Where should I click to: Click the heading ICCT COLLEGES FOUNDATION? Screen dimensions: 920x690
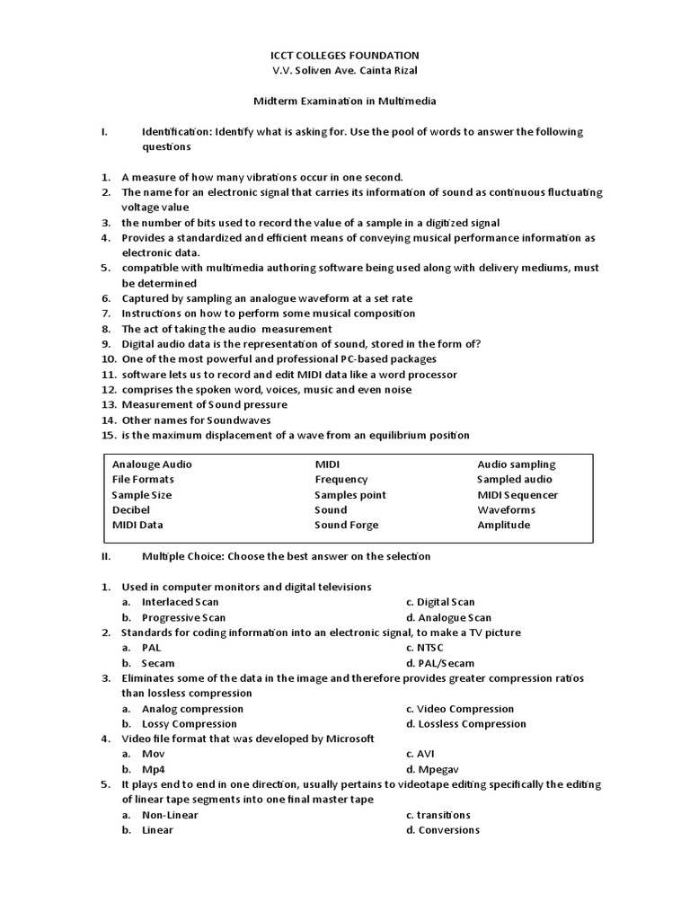coord(345,56)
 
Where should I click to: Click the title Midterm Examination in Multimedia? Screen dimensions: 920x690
coord(345,102)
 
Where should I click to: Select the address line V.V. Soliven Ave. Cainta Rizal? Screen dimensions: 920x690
coord(345,71)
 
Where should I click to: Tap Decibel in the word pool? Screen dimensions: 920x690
coord(130,509)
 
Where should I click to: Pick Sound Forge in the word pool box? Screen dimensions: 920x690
coord(346,525)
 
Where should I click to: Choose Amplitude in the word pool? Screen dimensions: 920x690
coord(503,525)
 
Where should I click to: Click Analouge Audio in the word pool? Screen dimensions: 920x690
coord(152,464)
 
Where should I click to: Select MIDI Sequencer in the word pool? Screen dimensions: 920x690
coord(517,495)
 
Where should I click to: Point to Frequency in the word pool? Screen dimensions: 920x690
coord(341,480)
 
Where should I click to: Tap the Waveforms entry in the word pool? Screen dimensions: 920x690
coord(506,509)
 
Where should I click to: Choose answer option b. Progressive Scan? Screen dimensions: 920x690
coord(183,618)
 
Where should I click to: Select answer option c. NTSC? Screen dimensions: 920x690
coord(424,648)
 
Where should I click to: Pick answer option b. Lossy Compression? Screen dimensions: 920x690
coord(189,723)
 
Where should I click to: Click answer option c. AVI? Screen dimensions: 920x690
coord(420,754)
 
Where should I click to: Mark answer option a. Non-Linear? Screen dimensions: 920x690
coord(170,815)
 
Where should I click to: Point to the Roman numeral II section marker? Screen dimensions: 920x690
coord(106,556)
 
